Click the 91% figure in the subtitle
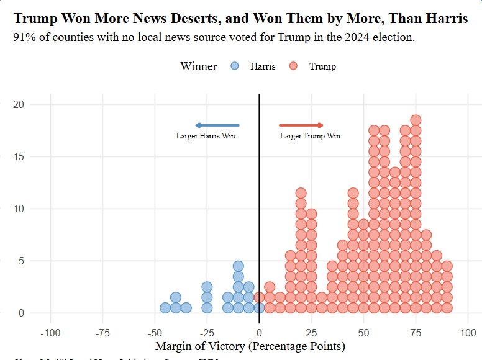[x=25, y=37]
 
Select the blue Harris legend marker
[x=234, y=66]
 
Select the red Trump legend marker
[x=294, y=66]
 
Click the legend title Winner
[x=199, y=66]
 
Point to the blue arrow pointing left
[x=217, y=125]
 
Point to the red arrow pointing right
[x=301, y=125]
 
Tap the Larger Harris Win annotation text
[x=206, y=136]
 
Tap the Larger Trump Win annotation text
[x=310, y=136]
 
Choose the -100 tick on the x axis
[x=50, y=333]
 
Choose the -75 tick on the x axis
[x=102, y=333]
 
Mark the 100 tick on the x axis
[x=468, y=333]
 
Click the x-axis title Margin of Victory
[x=250, y=346]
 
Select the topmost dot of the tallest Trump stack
[x=416, y=120]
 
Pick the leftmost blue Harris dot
[x=165, y=307]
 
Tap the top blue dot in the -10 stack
[x=238, y=266]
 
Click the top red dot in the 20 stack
[x=301, y=192]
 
